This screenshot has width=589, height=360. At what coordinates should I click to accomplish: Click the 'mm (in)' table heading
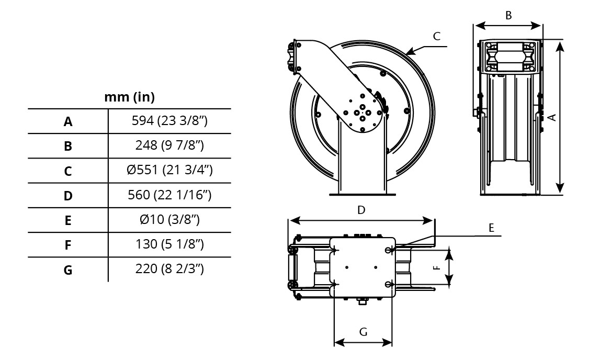pyautogui.click(x=130, y=97)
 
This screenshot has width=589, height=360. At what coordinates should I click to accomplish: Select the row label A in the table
pyautogui.click(x=68, y=121)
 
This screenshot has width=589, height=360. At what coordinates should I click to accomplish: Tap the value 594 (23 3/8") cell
pyautogui.click(x=169, y=121)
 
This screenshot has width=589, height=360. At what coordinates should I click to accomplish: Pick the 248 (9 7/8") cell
pyautogui.click(x=169, y=145)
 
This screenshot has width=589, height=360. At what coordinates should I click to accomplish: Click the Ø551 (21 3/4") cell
pyautogui.click(x=169, y=170)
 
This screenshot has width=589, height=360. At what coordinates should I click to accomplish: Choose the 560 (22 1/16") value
pyautogui.click(x=169, y=195)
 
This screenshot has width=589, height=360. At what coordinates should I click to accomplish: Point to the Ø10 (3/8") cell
pyautogui.click(x=169, y=219)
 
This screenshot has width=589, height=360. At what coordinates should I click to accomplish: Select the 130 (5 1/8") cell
pyautogui.click(x=169, y=244)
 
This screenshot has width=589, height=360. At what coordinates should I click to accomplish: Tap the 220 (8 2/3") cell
pyautogui.click(x=169, y=268)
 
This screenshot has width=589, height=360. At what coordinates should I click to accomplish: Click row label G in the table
pyautogui.click(x=68, y=270)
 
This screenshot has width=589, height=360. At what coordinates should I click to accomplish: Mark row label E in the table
pyautogui.click(x=68, y=220)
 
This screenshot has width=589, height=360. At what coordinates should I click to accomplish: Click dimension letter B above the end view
pyautogui.click(x=508, y=15)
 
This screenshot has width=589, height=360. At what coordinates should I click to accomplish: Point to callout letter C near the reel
pyautogui.click(x=436, y=36)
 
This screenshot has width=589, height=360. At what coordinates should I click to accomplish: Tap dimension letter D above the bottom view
pyautogui.click(x=361, y=210)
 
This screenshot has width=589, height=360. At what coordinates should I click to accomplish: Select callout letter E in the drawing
pyautogui.click(x=491, y=228)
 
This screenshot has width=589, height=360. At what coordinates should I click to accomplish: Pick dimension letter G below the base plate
pyautogui.click(x=363, y=332)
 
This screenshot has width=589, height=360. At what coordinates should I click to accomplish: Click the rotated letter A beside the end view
pyautogui.click(x=552, y=117)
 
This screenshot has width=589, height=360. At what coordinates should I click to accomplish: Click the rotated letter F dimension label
pyautogui.click(x=436, y=268)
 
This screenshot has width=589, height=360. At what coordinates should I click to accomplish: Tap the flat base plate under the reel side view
pyautogui.click(x=363, y=194)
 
